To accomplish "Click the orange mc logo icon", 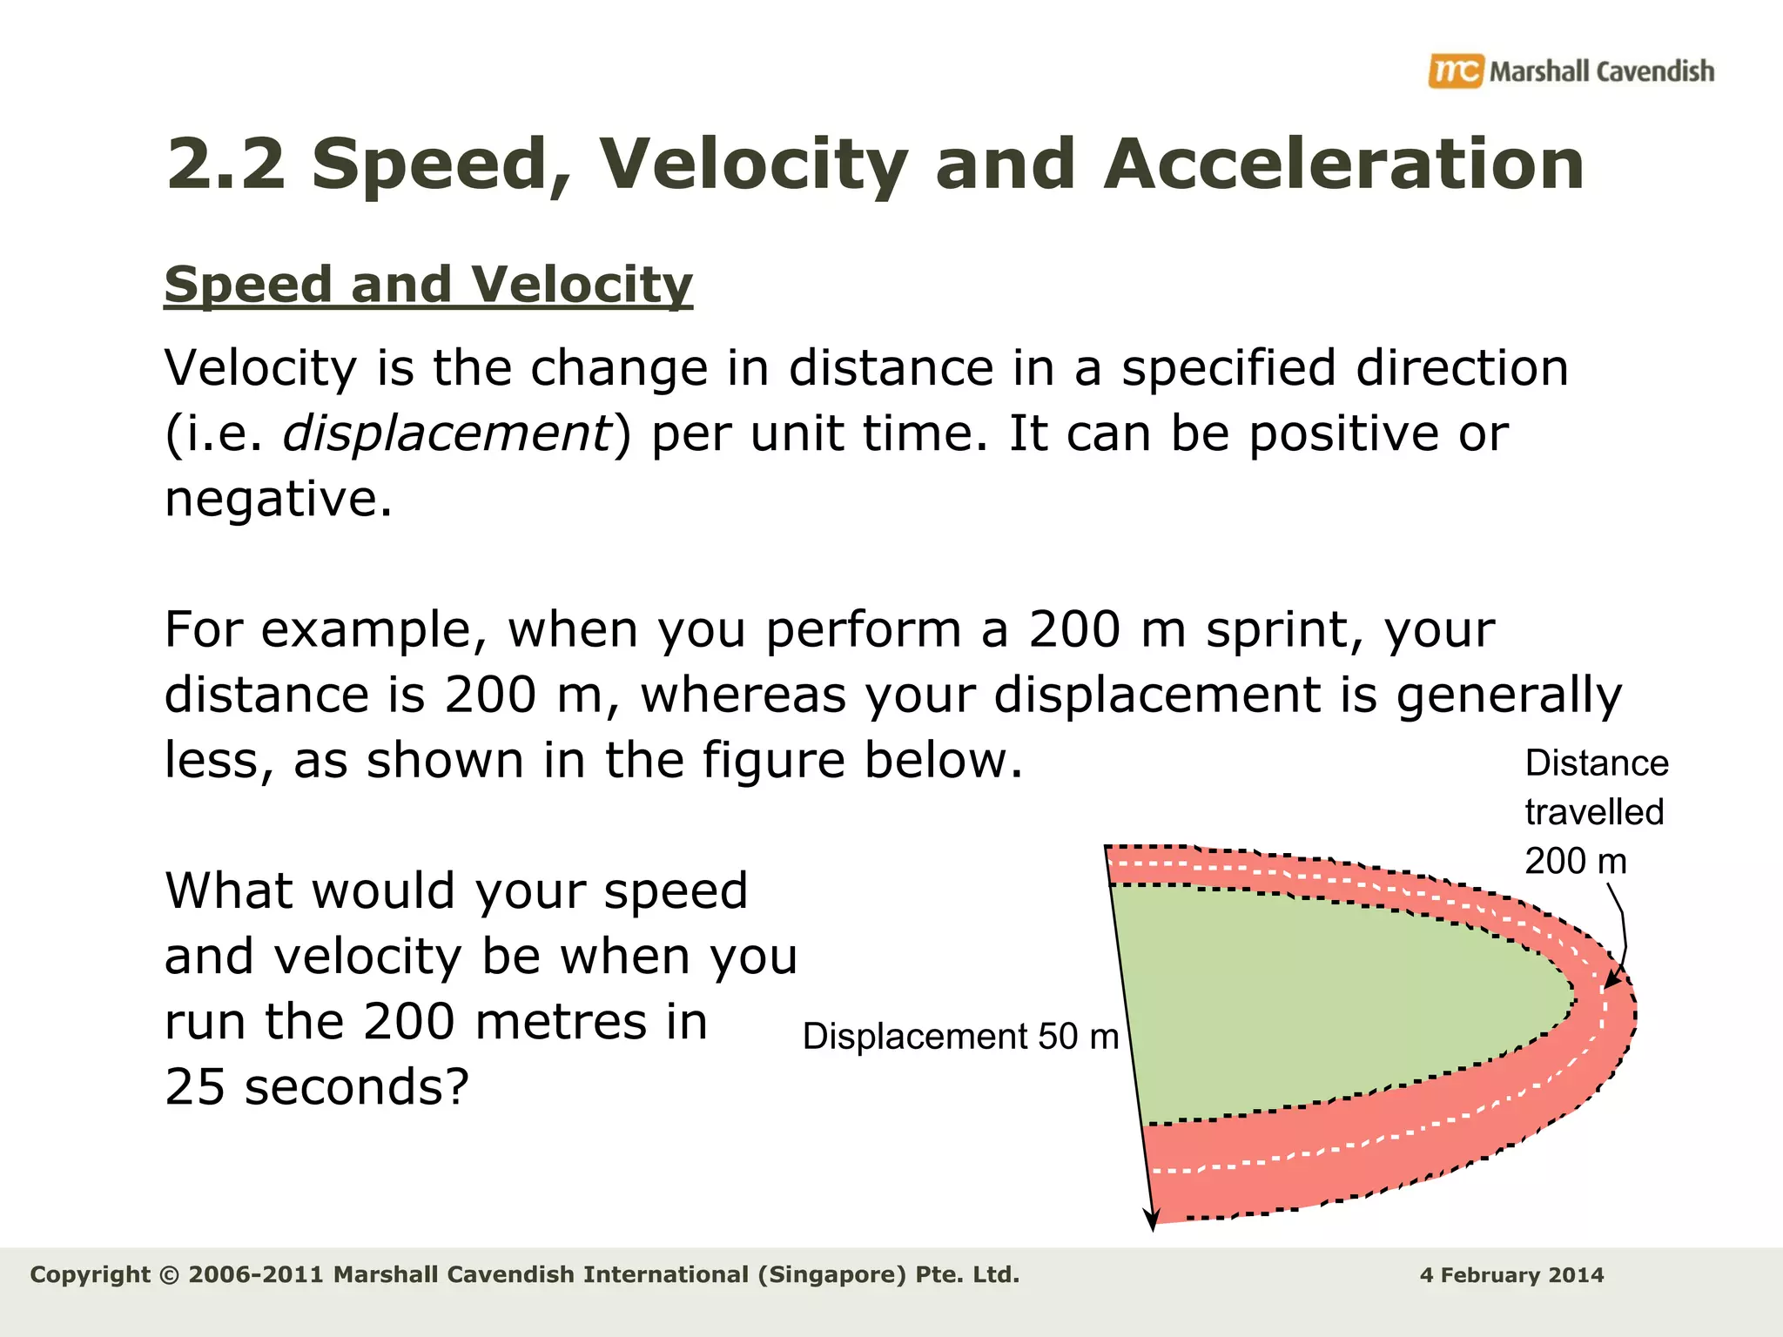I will pyautogui.click(x=1455, y=71).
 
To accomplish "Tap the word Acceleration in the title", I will pyautogui.click(x=1343, y=165).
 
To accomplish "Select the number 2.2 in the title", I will pyautogui.click(x=225, y=165).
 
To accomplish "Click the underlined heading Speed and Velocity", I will pyautogui.click(x=428, y=285).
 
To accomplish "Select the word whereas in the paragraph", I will pyautogui.click(x=743, y=695).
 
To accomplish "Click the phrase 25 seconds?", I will pyautogui.click(x=317, y=1087).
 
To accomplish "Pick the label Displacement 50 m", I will pyautogui.click(x=960, y=1037).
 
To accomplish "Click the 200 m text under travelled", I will pyautogui.click(x=1575, y=862).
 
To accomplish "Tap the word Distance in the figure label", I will pyautogui.click(x=1597, y=763).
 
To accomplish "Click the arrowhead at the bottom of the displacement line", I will pyautogui.click(x=1152, y=1219).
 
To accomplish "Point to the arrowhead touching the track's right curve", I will pyautogui.click(x=1611, y=980).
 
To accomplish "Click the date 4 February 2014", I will pyautogui.click(x=1511, y=1275).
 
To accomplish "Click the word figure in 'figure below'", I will pyautogui.click(x=773, y=760).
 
